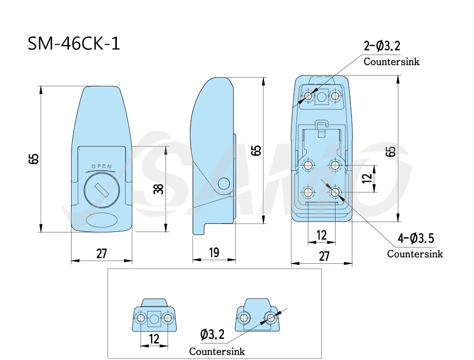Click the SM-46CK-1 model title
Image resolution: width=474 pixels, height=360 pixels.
tap(74, 44)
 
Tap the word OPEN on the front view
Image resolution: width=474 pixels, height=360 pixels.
tap(101, 167)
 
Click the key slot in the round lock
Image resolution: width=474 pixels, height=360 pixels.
tap(101, 190)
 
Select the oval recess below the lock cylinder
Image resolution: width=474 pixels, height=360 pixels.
tap(101, 220)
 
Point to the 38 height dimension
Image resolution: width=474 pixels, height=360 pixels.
tap(159, 189)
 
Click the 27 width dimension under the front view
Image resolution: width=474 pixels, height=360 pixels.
tap(101, 254)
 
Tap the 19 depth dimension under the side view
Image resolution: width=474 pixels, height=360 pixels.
tap(214, 253)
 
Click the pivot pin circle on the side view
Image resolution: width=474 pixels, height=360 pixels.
tap(224, 183)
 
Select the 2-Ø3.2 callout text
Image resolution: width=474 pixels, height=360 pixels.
tap(382, 46)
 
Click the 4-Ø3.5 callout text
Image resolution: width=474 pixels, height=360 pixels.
tap(416, 238)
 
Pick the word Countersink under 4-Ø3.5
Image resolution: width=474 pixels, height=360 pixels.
tap(415, 254)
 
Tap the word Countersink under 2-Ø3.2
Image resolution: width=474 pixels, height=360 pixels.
tap(392, 62)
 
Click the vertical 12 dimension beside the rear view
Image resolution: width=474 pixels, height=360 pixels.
tap(367, 178)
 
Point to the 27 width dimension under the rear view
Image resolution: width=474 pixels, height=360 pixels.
tap(324, 256)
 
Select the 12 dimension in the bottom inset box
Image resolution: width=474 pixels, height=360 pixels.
tap(154, 339)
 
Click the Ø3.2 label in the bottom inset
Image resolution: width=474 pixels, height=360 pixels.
tap(213, 335)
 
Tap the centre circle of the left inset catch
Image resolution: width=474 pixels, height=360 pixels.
tap(154, 318)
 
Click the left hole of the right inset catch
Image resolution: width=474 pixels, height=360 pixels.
tap(243, 318)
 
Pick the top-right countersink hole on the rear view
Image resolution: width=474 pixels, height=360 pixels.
tap(335, 96)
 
